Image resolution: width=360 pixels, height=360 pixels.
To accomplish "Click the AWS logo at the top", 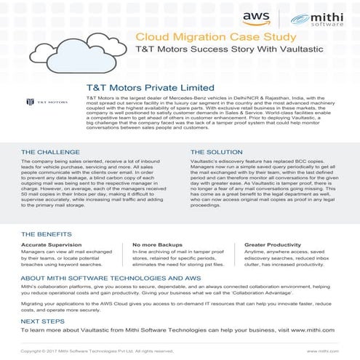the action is pos(256,18).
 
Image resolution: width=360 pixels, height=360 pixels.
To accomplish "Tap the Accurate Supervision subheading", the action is pos(53,246).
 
